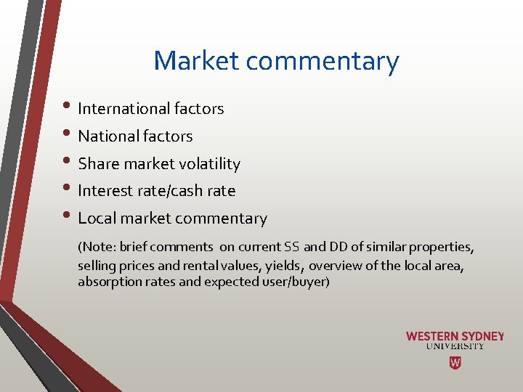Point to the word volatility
[211, 164]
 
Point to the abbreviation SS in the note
[292, 248]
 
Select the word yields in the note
[285, 265]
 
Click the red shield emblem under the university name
[455, 362]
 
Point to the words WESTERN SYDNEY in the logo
[455, 337]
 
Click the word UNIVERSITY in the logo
[455, 347]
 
